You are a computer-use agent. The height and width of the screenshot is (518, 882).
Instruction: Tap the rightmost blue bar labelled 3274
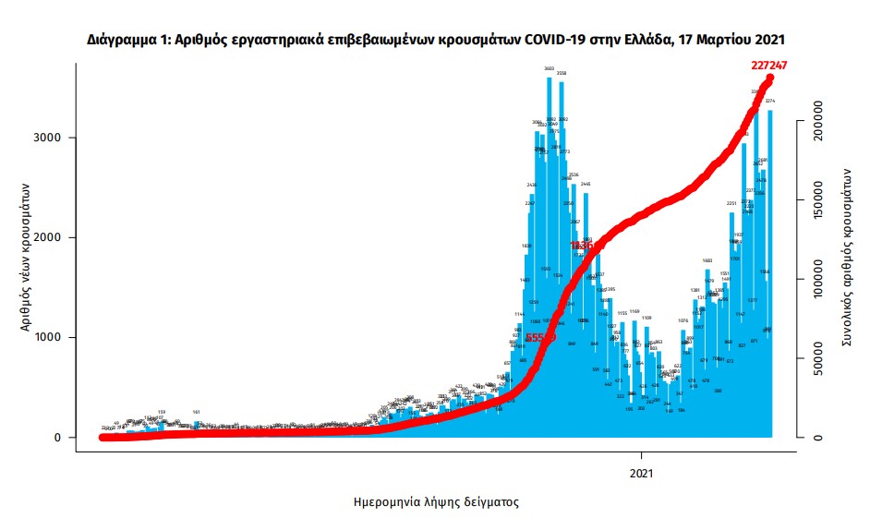tap(770, 277)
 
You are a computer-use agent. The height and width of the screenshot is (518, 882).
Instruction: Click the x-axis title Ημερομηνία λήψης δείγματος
tap(436, 503)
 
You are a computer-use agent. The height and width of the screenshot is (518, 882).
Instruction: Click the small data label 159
tap(162, 412)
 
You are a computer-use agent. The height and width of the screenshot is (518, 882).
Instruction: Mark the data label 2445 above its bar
tap(586, 185)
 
